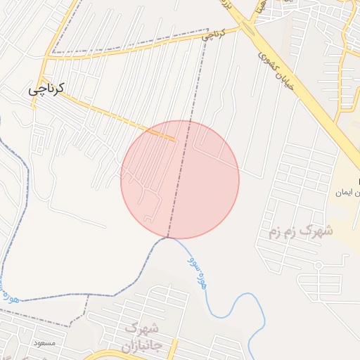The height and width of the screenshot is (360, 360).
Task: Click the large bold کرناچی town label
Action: pos(46,89)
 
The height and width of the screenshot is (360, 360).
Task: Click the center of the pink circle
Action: pos(180,179)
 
